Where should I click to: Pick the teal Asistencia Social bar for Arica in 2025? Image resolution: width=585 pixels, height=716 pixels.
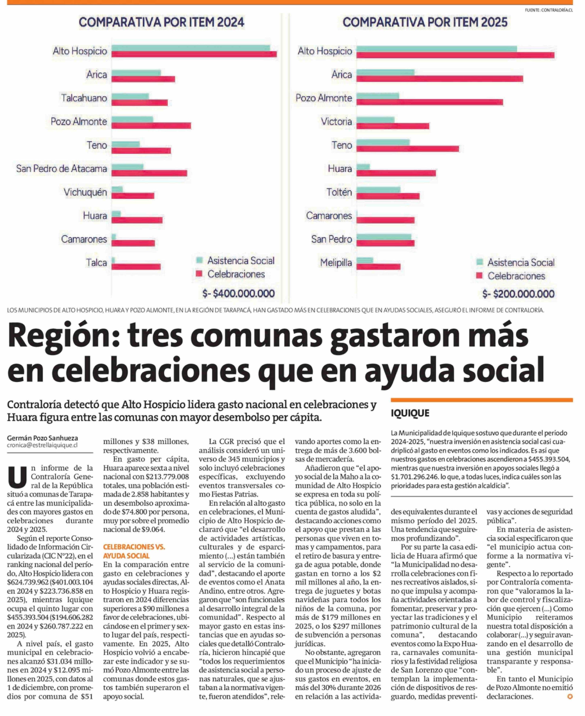[x=385, y=72]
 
